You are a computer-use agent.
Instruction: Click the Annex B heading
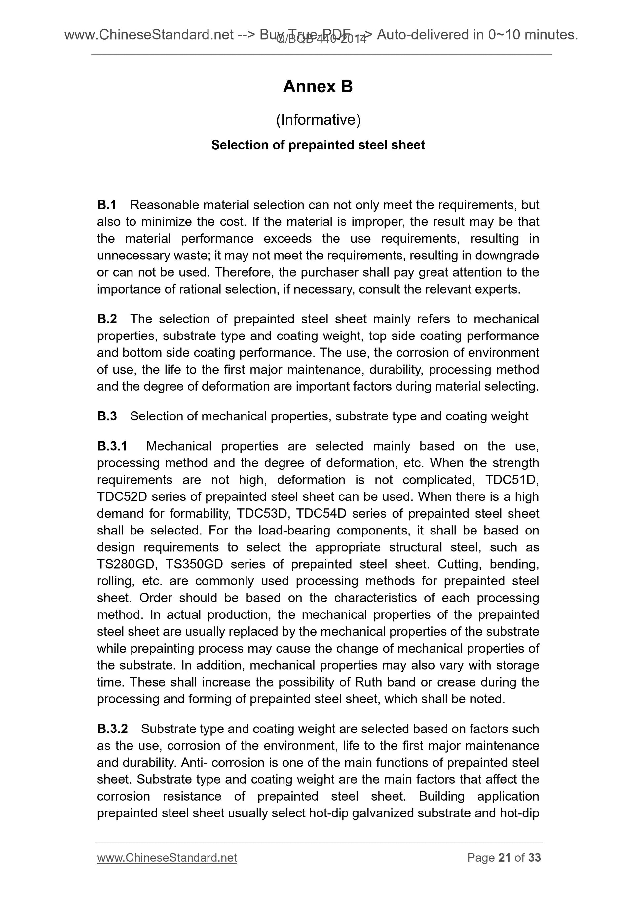click(x=318, y=86)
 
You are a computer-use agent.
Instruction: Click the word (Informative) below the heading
click(x=318, y=120)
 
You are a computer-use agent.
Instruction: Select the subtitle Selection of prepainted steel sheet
click(x=318, y=145)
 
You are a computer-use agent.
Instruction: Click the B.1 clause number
click(x=107, y=205)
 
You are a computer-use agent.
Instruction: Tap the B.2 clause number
click(x=107, y=319)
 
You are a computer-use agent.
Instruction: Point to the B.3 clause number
click(x=107, y=416)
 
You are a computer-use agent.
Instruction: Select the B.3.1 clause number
click(x=112, y=446)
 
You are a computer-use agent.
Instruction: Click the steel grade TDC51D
click(x=511, y=480)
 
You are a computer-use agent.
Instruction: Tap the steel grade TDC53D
click(x=261, y=514)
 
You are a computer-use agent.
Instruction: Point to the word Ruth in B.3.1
click(x=369, y=682)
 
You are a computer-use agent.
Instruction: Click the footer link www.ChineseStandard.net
click(x=167, y=858)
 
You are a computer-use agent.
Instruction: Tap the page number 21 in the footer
click(x=504, y=858)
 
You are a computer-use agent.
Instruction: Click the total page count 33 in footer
click(x=534, y=858)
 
